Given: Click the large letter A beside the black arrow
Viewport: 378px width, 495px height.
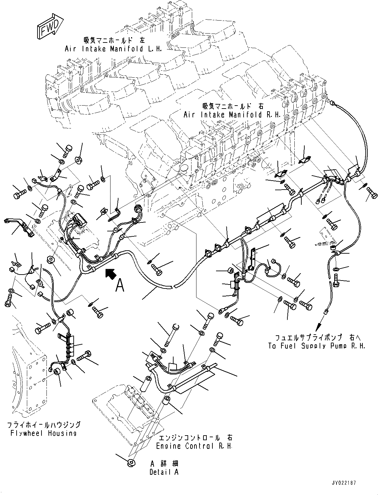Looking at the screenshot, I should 120,285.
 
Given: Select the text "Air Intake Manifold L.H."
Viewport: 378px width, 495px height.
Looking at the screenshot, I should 113,49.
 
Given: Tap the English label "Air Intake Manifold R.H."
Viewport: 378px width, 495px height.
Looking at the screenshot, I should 232,115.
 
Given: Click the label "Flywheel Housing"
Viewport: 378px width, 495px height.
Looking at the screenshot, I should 43,433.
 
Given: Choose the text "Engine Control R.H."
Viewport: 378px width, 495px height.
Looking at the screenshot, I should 194,446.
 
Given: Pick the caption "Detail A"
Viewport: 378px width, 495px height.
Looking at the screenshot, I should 164,472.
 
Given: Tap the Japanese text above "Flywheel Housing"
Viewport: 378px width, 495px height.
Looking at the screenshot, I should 44,425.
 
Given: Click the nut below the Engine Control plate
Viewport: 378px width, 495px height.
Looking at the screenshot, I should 131,462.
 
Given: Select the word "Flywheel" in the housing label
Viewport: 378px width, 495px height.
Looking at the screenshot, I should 26,433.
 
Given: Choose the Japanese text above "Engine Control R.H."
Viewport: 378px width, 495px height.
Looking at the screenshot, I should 195,437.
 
